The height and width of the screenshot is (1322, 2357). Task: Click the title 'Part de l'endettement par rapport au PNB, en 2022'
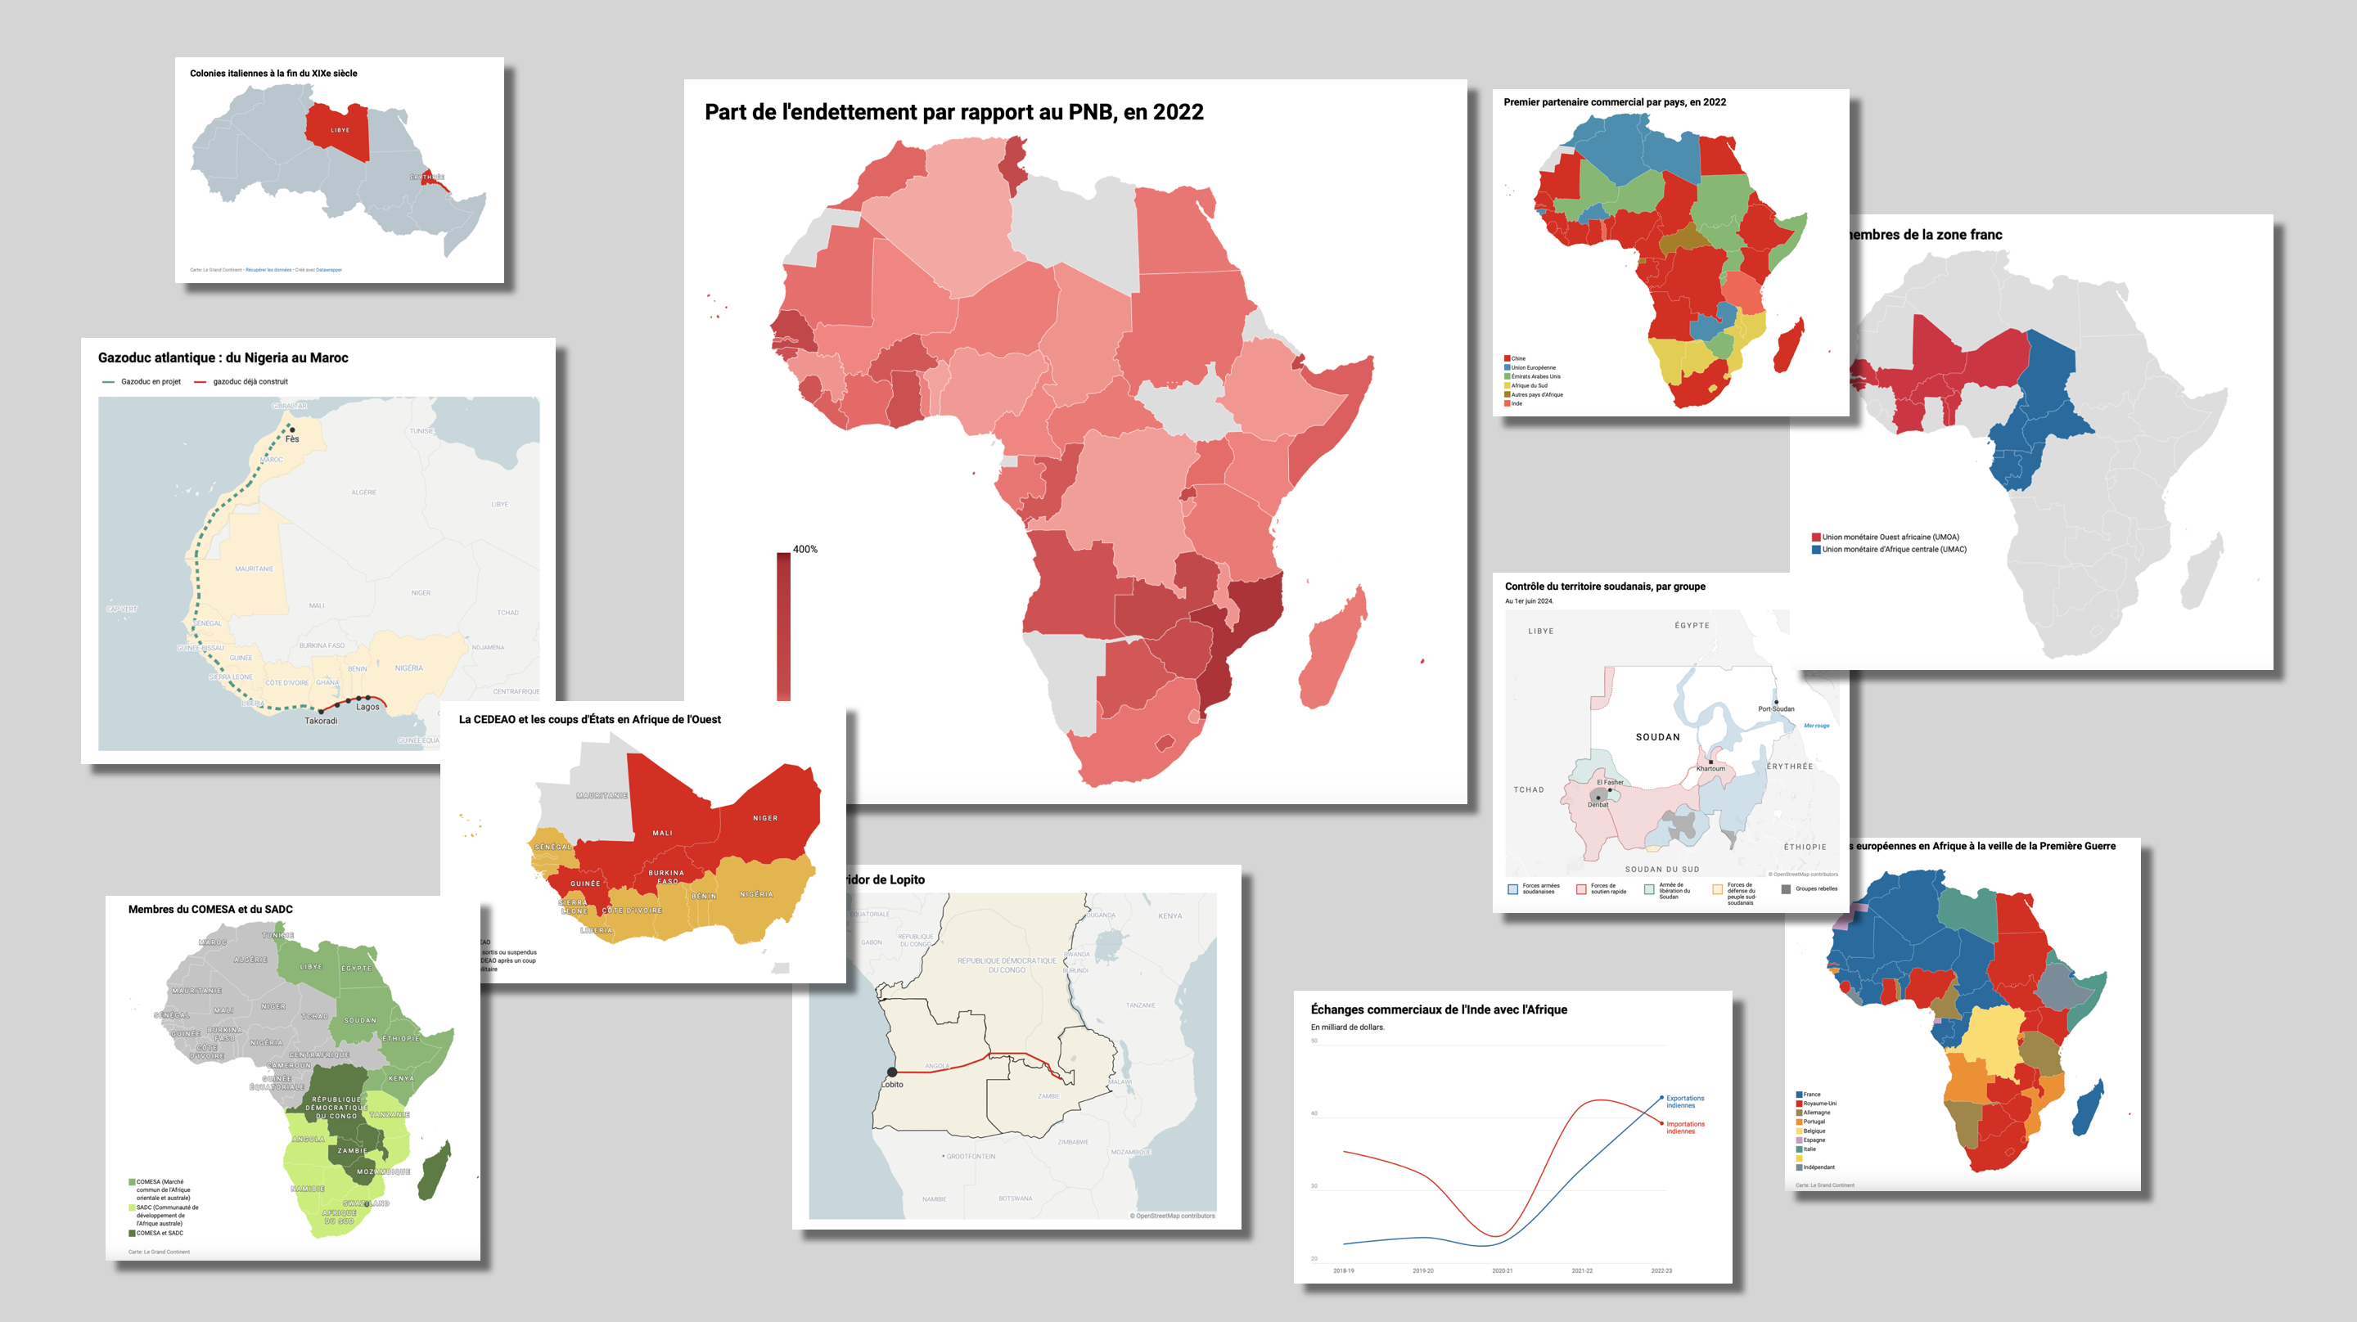[953, 113]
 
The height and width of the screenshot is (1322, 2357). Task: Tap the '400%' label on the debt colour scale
[804, 549]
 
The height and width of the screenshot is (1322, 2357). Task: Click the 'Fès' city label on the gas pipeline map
[292, 439]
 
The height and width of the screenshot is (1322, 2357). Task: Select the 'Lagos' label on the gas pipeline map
[367, 706]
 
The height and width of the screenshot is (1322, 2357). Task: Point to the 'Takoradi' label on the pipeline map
[320, 721]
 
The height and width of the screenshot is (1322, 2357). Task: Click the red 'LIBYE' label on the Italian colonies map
[340, 130]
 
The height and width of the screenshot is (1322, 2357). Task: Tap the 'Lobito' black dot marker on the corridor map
[892, 1072]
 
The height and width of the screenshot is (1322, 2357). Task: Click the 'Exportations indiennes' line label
[1684, 1101]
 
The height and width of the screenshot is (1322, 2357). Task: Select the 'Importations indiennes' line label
[1684, 1127]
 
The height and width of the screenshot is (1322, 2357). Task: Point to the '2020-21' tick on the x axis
[1503, 1270]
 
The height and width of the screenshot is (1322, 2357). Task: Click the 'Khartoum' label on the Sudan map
[1710, 768]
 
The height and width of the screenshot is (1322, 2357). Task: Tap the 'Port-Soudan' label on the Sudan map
[1776, 709]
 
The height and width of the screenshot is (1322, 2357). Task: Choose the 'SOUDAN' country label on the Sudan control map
[1658, 736]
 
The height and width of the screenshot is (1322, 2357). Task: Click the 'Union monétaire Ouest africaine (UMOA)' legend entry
[1890, 537]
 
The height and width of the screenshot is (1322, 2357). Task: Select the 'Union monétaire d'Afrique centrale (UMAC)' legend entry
[1893, 550]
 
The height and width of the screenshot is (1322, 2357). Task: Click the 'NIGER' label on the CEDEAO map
[765, 818]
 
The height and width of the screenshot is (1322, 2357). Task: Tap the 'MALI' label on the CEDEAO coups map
[662, 833]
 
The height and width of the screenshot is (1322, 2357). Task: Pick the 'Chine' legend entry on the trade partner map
[1518, 358]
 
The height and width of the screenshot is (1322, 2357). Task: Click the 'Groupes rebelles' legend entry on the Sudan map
[1815, 888]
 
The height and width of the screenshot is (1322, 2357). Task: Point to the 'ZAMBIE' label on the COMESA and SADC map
[352, 1151]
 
